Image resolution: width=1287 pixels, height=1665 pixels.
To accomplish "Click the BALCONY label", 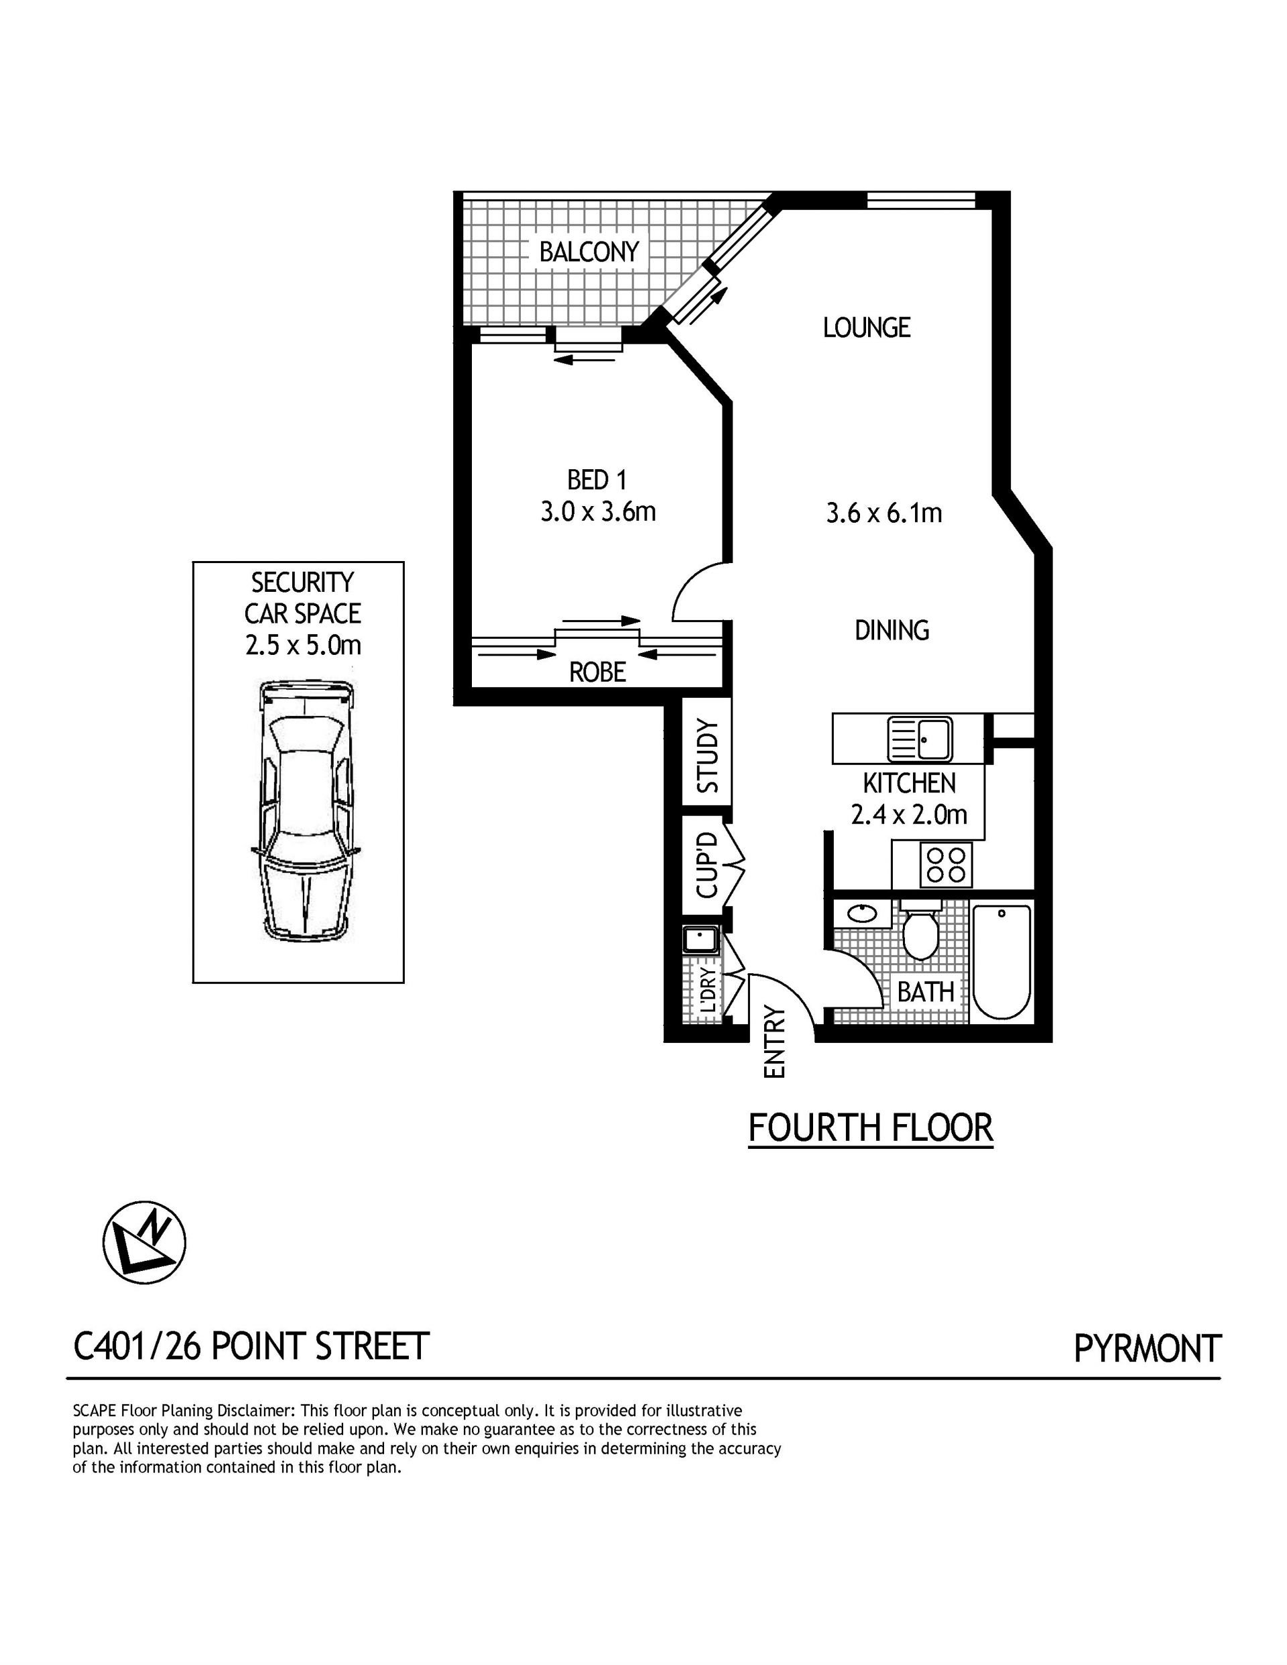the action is (x=589, y=251).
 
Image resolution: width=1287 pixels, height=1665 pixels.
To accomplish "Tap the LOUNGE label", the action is (x=866, y=327).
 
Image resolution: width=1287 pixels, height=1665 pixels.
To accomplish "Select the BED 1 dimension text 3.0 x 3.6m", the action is (x=599, y=511).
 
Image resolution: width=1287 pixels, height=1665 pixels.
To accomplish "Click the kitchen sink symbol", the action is (x=920, y=739).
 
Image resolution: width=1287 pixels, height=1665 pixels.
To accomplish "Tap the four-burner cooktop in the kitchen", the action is (x=946, y=865).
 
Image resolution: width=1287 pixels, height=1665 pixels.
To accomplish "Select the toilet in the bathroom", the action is (x=921, y=929).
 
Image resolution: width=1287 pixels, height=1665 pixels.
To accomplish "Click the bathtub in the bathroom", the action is (x=1002, y=961).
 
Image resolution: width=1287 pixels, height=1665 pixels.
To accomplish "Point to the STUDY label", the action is (x=707, y=756).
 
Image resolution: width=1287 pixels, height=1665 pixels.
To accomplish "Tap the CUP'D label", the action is (x=707, y=865).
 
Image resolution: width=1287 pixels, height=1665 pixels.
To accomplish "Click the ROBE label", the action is (x=598, y=672).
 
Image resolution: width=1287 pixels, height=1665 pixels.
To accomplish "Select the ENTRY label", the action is (x=774, y=1042).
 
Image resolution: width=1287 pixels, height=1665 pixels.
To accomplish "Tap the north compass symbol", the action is (x=144, y=1243).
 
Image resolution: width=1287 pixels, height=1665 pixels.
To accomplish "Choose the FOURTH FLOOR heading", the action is (x=871, y=1128).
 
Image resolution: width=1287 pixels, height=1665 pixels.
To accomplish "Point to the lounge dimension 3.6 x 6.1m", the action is (x=883, y=513).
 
